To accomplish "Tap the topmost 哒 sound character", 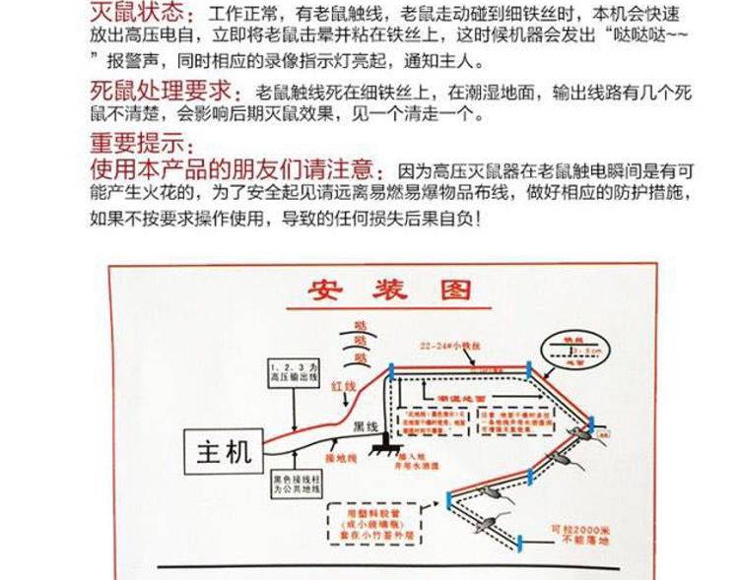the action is click(x=361, y=322).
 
